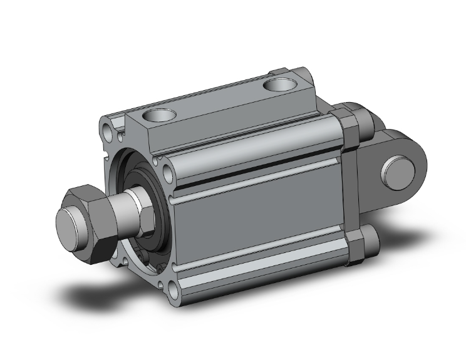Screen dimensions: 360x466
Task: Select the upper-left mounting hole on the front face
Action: pyautogui.click(x=111, y=132)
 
